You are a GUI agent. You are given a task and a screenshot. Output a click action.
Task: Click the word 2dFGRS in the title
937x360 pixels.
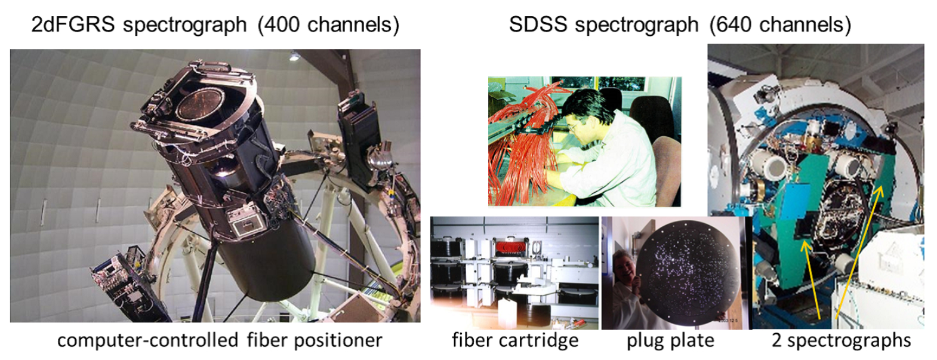point(73,24)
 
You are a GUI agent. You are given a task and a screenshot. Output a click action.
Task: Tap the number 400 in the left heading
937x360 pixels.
point(282,24)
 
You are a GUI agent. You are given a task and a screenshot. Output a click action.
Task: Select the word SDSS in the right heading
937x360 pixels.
point(538,24)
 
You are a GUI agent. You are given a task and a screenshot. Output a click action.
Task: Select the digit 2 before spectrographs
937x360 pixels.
point(777,340)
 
